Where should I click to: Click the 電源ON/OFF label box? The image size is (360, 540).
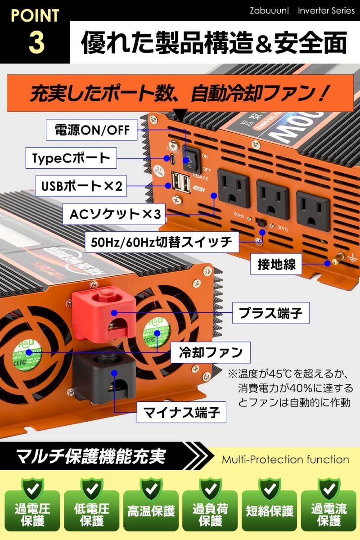click(x=92, y=130)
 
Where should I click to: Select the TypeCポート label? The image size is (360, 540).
click(x=71, y=158)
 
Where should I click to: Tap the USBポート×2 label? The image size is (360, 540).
click(x=81, y=186)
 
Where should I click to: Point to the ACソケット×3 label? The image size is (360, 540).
click(x=115, y=214)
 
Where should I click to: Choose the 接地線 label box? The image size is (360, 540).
click(x=277, y=265)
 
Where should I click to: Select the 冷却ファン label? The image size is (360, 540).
click(x=211, y=352)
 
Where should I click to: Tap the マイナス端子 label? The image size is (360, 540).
click(x=181, y=411)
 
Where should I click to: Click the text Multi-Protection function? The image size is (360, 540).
click(x=285, y=459)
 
